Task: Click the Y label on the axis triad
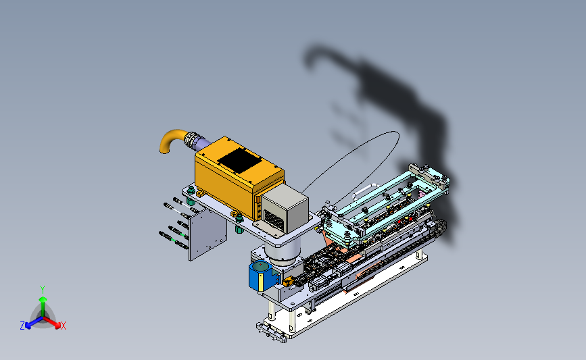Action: click(43, 290)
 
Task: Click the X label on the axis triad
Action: click(63, 326)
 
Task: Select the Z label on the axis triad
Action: click(22, 326)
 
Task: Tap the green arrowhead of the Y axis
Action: click(43, 299)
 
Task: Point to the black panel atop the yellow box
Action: click(239, 160)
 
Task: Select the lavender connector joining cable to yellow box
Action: click(203, 143)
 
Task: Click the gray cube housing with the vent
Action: click(285, 209)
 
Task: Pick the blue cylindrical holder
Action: click(262, 276)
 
